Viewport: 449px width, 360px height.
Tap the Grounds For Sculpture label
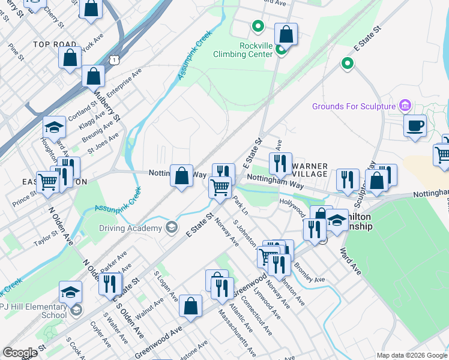354,106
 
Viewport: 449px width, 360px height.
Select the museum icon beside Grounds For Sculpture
405,106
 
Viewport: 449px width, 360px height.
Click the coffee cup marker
415,127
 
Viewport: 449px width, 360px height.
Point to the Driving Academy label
134,228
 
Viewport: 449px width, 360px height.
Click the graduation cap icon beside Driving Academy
172,227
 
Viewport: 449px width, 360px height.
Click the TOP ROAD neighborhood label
55,44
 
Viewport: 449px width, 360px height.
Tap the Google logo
20,353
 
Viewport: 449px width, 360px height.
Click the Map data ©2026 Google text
412,355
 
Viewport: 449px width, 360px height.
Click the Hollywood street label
293,202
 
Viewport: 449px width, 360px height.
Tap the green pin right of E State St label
346,62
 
